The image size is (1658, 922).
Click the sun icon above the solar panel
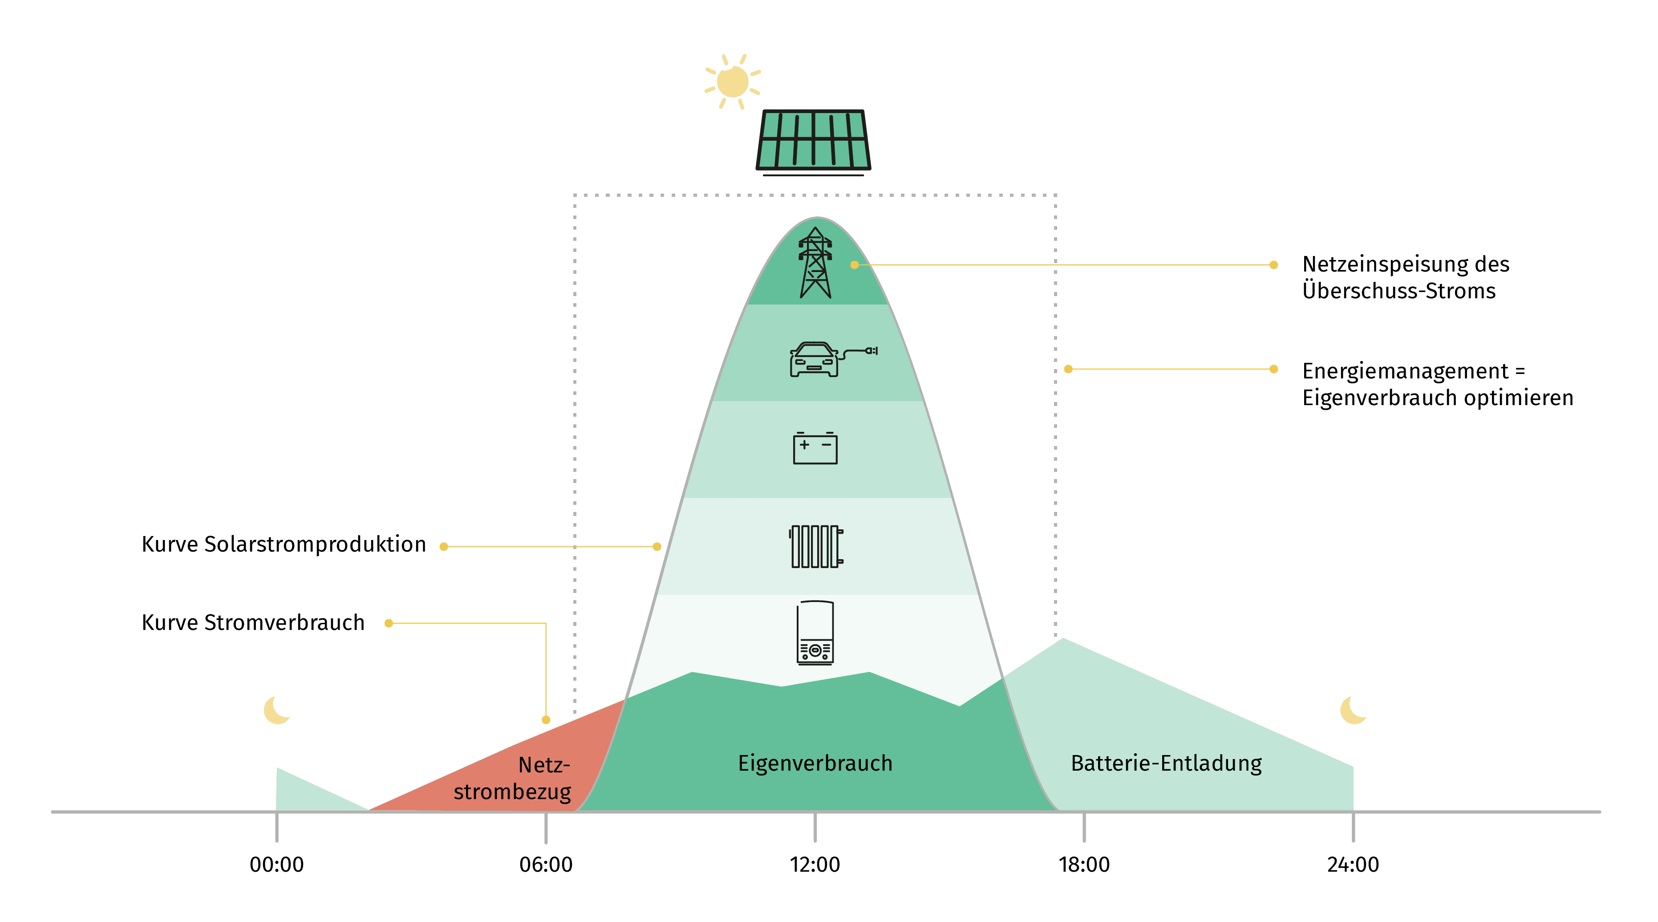pos(733,82)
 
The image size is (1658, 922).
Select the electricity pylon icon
pos(815,263)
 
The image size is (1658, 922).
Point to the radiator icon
pos(815,547)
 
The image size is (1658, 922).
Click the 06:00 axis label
pos(546,864)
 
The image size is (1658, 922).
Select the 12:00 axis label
pos(815,864)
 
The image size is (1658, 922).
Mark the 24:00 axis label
pos(1353,864)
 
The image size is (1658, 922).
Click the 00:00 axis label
pos(277,864)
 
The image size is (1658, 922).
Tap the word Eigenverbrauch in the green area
pos(815,763)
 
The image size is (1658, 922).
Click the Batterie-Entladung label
pos(1166,763)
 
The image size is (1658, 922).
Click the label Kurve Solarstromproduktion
pos(284,544)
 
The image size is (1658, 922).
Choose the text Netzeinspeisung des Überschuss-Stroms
pos(1405,277)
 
